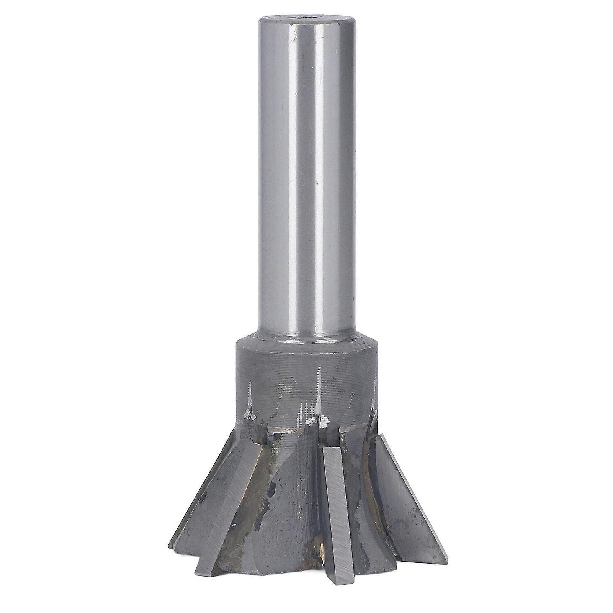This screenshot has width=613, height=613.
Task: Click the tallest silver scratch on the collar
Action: [x=318, y=387]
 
